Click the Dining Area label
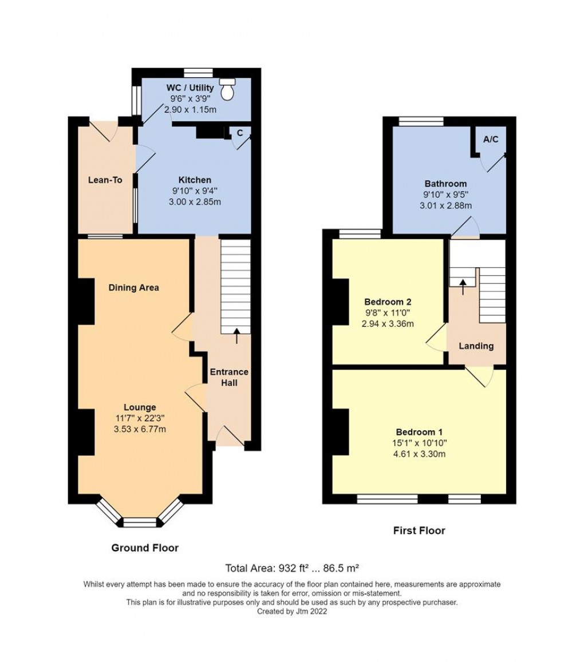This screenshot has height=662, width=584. pyautogui.click(x=134, y=287)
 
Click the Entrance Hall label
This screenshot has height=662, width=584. pyautogui.click(x=229, y=377)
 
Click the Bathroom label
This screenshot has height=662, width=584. pyautogui.click(x=445, y=184)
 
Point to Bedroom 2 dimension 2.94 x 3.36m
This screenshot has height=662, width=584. pyautogui.click(x=388, y=323)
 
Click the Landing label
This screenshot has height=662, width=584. pyautogui.click(x=476, y=346)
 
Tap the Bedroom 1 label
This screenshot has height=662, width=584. pyautogui.click(x=419, y=432)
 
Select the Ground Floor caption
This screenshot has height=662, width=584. pyautogui.click(x=145, y=548)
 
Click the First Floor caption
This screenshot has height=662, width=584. pyautogui.click(x=419, y=530)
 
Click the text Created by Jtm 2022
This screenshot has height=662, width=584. pyautogui.click(x=292, y=611)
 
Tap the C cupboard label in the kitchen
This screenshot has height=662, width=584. pyautogui.click(x=240, y=133)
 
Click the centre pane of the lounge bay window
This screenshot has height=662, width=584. pyautogui.click(x=140, y=522)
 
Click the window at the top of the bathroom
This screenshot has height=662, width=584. pyautogui.click(x=421, y=121)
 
